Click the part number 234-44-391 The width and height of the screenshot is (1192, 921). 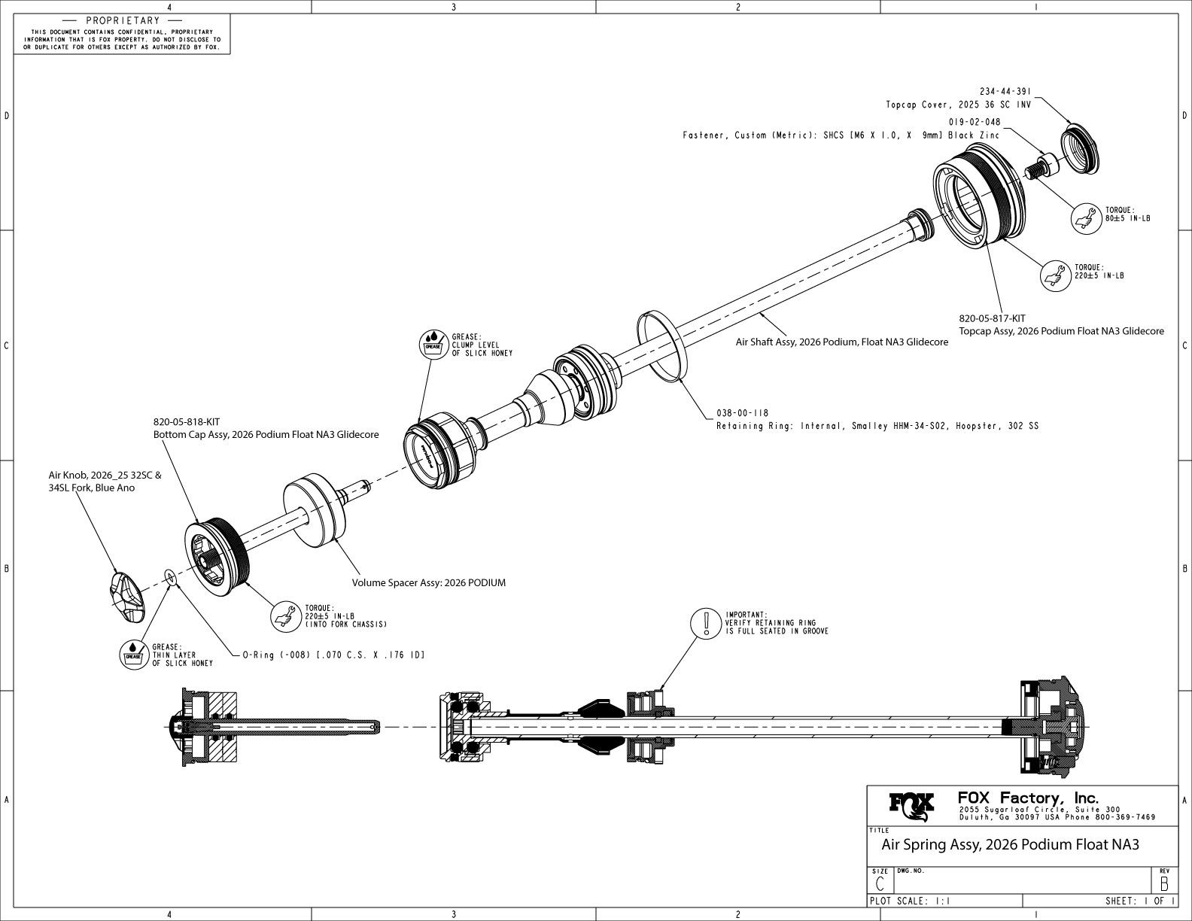(x=1005, y=91)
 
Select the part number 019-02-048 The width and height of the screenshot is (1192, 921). (x=975, y=122)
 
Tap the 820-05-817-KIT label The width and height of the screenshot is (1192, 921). (x=992, y=318)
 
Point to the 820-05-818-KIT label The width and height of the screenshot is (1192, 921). (x=187, y=422)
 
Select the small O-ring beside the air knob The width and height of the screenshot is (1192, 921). (x=170, y=577)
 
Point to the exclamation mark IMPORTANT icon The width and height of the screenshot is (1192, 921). (x=706, y=624)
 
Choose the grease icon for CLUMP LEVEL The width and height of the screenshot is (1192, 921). (x=433, y=344)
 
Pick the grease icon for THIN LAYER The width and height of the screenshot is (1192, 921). (x=133, y=653)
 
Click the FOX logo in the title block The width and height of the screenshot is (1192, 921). (x=912, y=807)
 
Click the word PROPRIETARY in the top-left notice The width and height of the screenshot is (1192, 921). (x=123, y=21)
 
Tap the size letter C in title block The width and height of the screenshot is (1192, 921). (x=879, y=883)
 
